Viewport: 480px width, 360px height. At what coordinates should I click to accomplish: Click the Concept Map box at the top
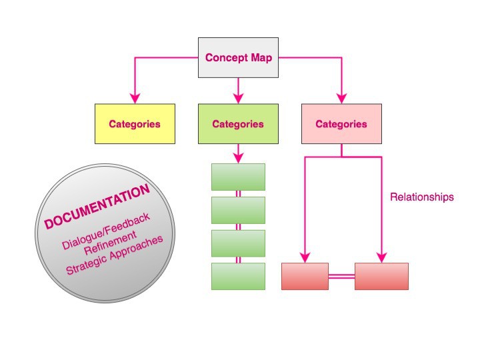point(238,57)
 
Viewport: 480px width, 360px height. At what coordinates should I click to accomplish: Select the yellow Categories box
point(135,124)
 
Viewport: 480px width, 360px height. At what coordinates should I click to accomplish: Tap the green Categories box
point(238,124)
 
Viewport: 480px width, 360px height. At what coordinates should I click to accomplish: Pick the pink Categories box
point(341,124)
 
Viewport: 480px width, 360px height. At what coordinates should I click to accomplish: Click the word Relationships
point(422,197)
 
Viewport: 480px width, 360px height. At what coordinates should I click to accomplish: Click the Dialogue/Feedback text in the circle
point(106,231)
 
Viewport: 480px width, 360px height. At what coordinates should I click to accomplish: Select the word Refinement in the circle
point(110,243)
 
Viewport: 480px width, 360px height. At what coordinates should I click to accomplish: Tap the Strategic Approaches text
point(115,255)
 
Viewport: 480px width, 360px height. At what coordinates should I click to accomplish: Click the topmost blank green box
point(238,177)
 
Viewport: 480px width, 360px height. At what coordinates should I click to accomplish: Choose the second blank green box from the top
point(238,210)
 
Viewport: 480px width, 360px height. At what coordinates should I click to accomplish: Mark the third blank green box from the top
point(238,243)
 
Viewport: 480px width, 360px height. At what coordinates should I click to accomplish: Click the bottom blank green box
point(238,276)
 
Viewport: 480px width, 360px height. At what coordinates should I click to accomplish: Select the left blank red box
point(305,276)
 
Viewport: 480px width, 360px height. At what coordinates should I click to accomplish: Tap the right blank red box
point(381,276)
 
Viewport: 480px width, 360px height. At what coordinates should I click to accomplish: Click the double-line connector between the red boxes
point(341,277)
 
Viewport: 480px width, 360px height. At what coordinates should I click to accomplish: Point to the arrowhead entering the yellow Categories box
point(135,99)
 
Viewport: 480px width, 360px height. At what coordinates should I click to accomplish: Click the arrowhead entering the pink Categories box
point(341,99)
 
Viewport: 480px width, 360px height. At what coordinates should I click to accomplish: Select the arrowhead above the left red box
point(305,257)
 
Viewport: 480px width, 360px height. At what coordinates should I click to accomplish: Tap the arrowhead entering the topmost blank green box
point(238,158)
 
